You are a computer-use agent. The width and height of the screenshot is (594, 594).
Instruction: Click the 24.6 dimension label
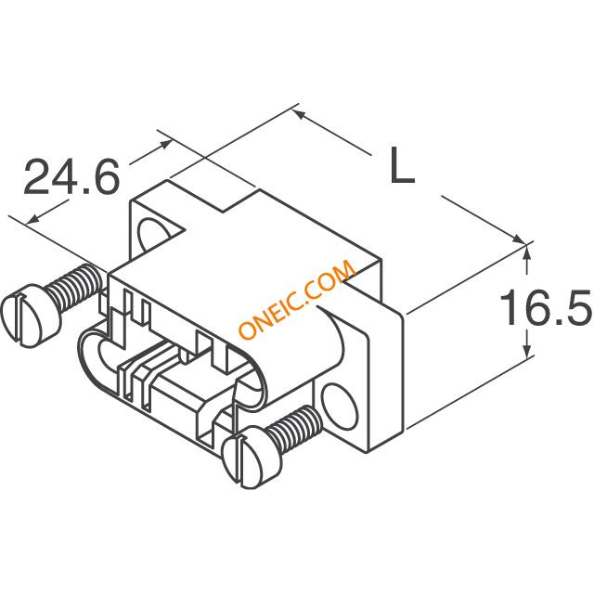(x=71, y=176)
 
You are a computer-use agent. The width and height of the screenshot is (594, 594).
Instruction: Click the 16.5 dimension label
(x=546, y=307)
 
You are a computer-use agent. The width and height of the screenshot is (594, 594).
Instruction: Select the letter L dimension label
(x=402, y=165)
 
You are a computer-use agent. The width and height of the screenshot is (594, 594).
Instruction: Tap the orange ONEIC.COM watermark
(x=297, y=299)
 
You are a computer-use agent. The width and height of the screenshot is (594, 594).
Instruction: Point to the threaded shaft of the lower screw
(x=295, y=429)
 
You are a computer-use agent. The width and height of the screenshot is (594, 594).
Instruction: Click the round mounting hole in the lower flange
(x=339, y=405)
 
